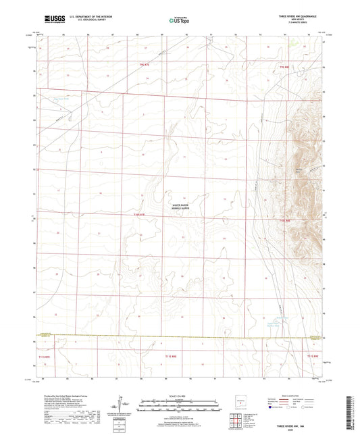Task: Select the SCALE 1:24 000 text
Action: (x=180, y=395)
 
